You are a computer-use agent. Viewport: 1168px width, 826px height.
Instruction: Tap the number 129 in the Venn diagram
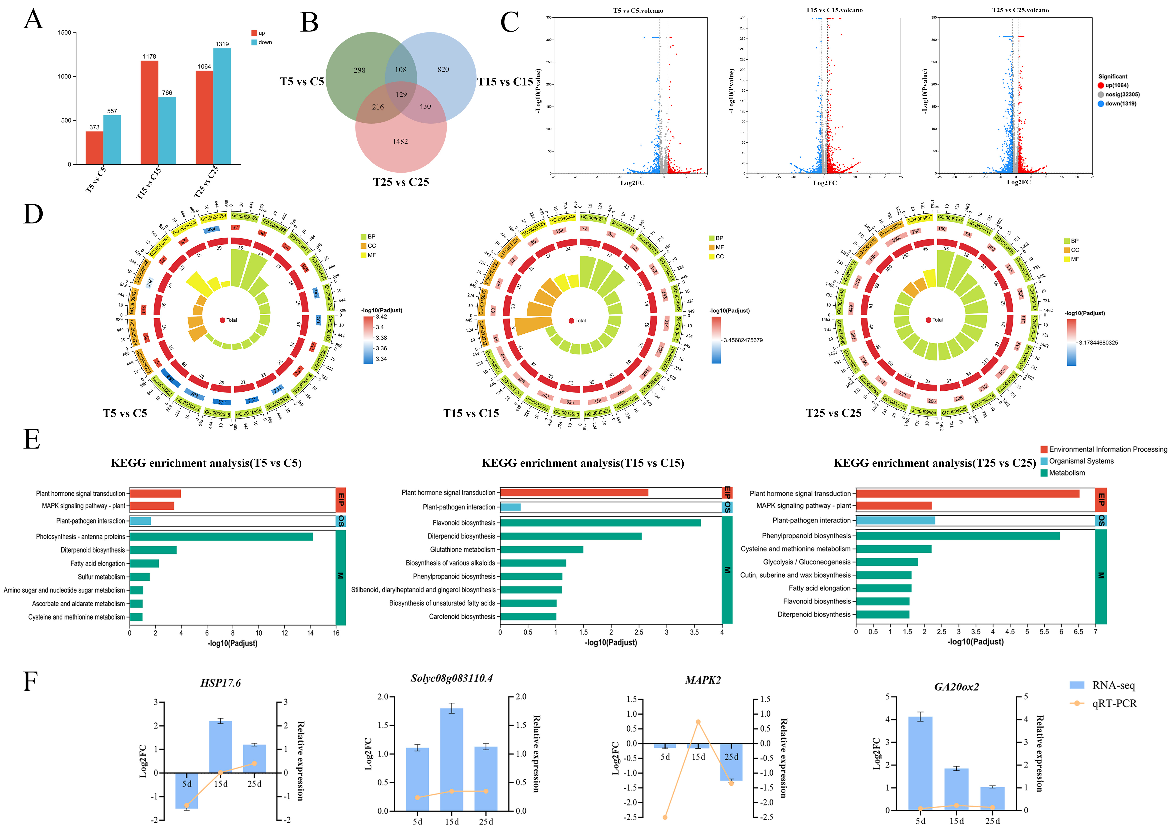click(x=401, y=95)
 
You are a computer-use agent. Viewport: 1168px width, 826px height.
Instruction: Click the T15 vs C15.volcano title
click(x=834, y=10)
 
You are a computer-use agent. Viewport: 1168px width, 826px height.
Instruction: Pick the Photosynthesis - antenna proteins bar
click(x=221, y=537)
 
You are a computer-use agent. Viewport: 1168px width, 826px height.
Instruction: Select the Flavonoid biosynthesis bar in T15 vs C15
click(x=600, y=523)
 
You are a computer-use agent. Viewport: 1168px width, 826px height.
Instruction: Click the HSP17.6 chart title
click(x=220, y=683)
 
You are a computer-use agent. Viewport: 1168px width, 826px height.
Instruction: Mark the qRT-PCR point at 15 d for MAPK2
click(x=698, y=722)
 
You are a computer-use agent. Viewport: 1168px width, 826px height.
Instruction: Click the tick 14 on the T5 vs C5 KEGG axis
click(x=310, y=633)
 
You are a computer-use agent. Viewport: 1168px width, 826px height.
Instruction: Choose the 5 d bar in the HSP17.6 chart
click(x=187, y=790)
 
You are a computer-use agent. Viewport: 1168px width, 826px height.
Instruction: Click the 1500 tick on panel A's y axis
click(x=65, y=32)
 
